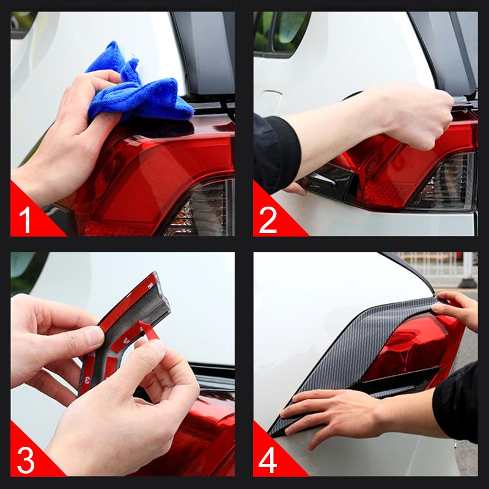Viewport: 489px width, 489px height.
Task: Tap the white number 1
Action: coord(25,219)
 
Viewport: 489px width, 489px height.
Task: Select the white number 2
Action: coord(268,220)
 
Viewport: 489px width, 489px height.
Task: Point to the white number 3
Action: coord(26,461)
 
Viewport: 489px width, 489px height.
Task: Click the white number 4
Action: coord(268,460)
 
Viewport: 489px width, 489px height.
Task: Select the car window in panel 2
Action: coord(282,34)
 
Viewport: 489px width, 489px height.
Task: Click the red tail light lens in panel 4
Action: coord(411,349)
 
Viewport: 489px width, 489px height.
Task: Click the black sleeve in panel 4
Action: coord(457,402)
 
